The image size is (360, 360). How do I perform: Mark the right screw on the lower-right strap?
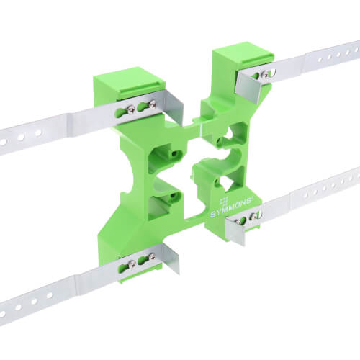point(261,216)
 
